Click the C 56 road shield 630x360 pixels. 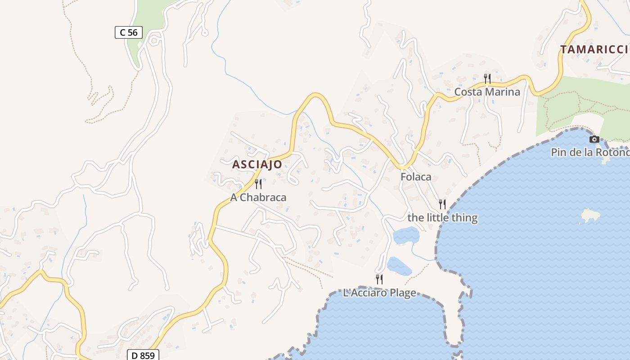pos(129,32)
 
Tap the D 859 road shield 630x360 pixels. pos(143,355)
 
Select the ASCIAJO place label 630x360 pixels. pos(257,165)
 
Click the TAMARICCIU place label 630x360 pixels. pos(594,49)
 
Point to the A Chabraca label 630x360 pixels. pos(258,198)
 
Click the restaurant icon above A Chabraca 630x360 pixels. pos(258,184)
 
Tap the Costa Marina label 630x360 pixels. pos(487,92)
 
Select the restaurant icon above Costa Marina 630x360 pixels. pos(487,79)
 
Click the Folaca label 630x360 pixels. pos(416,177)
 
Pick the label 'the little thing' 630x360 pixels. pos(442,218)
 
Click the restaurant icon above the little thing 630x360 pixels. pos(442,204)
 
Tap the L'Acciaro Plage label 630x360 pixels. pos(379,293)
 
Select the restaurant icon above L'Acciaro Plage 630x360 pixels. pos(379,279)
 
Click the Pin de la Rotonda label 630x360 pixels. pos(590,153)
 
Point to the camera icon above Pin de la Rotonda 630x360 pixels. pos(594,139)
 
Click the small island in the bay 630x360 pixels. pos(590,216)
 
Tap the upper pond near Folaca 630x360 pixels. pos(406,235)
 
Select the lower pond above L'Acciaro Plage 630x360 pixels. pos(399,266)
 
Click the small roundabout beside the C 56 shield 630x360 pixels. pos(154,41)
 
